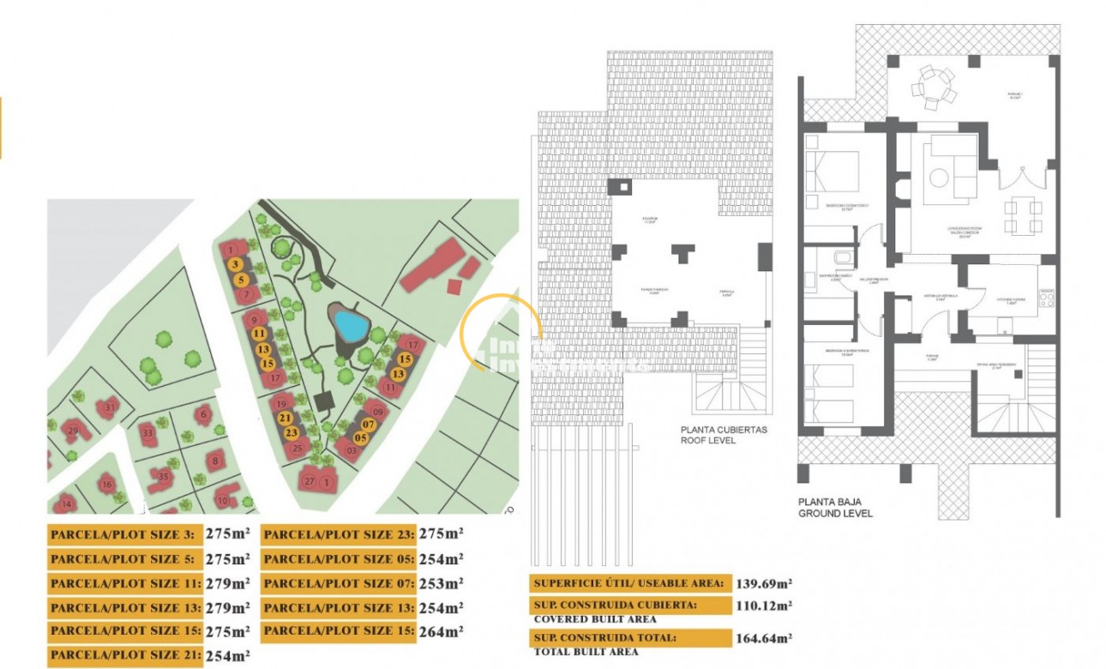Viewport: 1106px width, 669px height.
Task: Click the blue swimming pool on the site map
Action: (350, 325)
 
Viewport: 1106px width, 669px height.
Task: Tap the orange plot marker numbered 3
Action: (236, 265)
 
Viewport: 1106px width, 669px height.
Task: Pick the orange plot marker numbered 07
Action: (369, 424)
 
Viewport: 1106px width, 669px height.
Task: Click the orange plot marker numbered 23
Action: (292, 432)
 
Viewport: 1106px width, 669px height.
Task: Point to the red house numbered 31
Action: (109, 407)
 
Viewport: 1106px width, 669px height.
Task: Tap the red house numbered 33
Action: (148, 433)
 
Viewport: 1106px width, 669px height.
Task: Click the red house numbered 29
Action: (73, 431)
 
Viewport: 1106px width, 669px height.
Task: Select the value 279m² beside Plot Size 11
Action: (228, 583)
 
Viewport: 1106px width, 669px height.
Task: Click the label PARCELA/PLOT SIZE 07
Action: (338, 583)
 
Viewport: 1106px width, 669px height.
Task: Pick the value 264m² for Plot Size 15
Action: (441, 632)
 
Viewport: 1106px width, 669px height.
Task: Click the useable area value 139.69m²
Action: (763, 584)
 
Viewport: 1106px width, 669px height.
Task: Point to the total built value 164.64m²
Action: (763, 638)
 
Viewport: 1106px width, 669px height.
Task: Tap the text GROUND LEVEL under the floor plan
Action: (835, 513)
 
